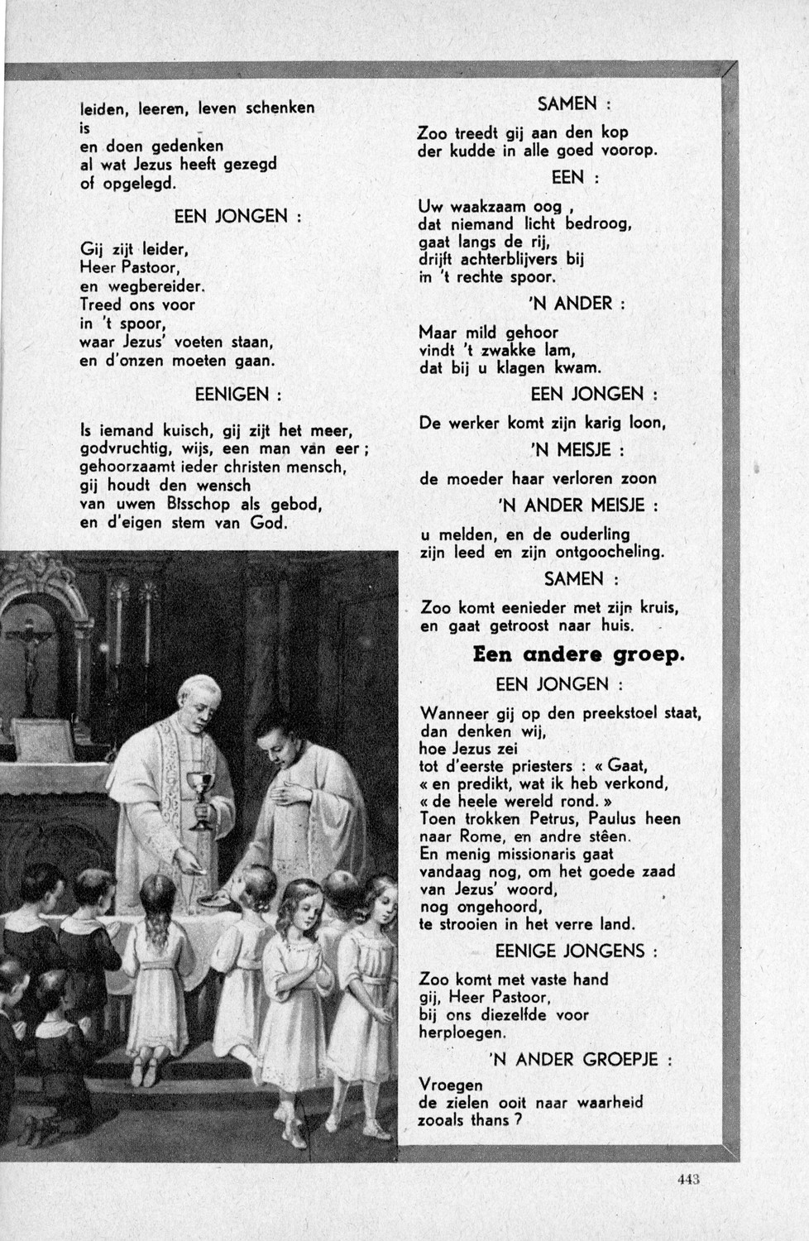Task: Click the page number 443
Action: [688, 1180]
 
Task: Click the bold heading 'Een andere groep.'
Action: [578, 654]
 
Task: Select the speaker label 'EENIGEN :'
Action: [238, 395]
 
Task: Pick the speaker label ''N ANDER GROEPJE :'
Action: [580, 1059]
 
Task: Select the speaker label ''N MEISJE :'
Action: [577, 450]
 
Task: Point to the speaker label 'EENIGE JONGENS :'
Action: [577, 951]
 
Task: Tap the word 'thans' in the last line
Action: [490, 1120]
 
